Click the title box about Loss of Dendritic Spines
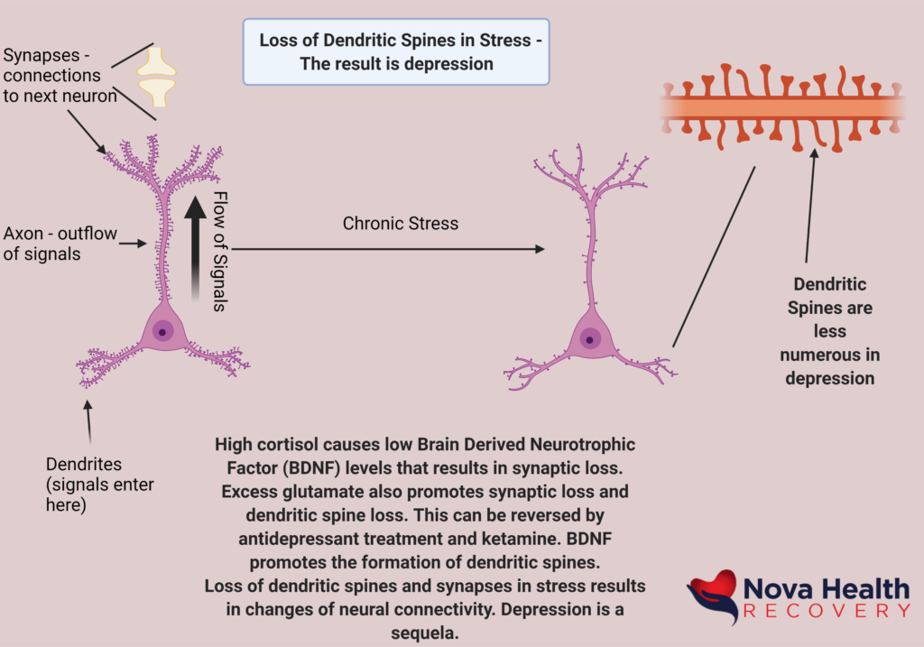(x=395, y=52)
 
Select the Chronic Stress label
(x=400, y=223)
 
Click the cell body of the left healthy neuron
(x=163, y=332)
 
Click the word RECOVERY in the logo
(x=827, y=612)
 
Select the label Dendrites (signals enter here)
(x=100, y=485)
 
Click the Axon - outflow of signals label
(x=60, y=244)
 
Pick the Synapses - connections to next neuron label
(x=59, y=75)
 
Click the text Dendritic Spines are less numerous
(x=829, y=331)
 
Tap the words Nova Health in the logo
(x=826, y=589)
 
